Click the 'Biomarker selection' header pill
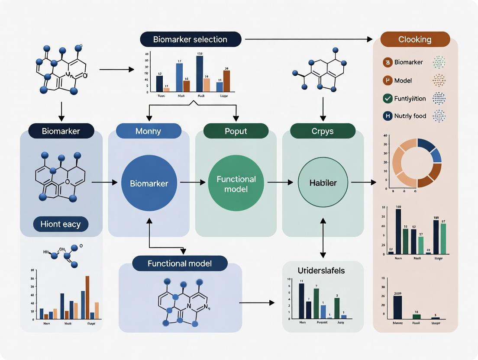pos(190,39)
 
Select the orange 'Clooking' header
pos(415,39)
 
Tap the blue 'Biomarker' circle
pos(149,183)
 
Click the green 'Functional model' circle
pos(236,183)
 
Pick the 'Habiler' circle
pos(323,183)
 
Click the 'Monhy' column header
pos(148,131)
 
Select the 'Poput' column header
pos(236,131)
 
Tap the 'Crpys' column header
pos(323,131)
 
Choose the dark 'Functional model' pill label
pos(180,263)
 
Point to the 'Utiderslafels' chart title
pos(321,270)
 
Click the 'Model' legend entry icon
pos(388,80)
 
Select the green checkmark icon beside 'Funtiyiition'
pos(388,98)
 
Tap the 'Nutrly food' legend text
pos(410,116)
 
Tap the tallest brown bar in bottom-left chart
pos(87,298)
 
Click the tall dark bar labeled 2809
pos(397,307)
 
